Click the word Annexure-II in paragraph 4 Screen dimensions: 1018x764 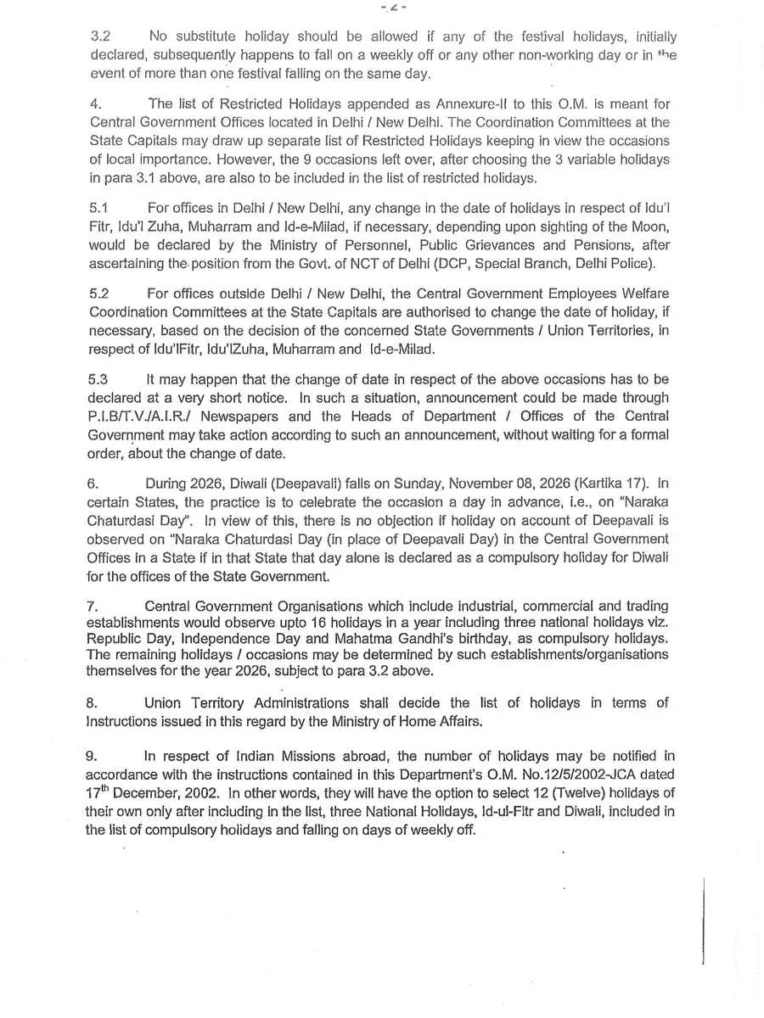452,104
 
